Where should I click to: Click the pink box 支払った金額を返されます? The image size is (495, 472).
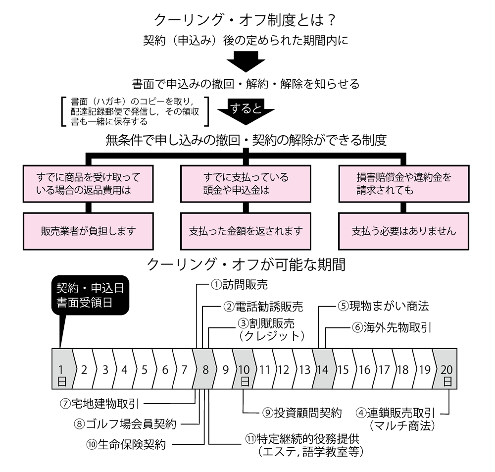tap(246, 230)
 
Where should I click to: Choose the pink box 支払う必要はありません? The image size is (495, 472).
tap(403, 230)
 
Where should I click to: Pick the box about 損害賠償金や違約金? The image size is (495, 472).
tap(403, 183)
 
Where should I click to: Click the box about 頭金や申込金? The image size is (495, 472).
tap(246, 183)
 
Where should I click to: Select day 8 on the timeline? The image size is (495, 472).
tap(204, 369)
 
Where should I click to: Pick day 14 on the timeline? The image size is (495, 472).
tap(322, 369)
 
